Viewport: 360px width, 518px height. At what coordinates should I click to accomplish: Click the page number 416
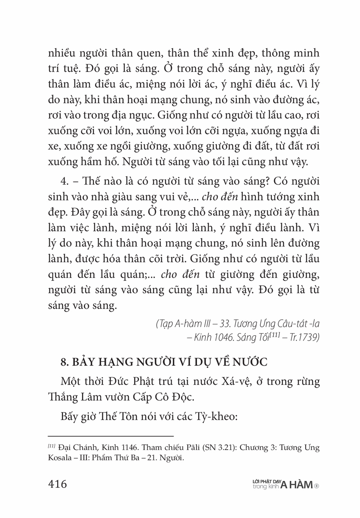pos(57,484)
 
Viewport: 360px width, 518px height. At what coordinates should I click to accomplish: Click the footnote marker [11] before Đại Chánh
pos(51,446)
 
